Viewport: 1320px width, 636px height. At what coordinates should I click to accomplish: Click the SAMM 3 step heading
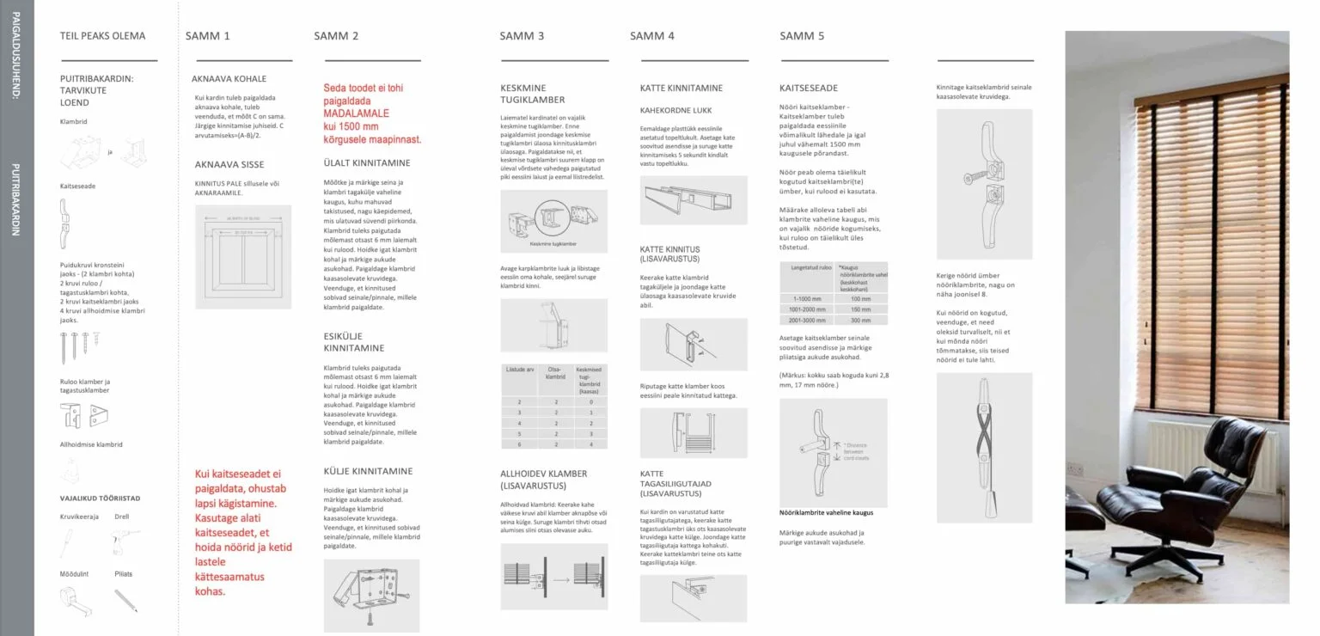(522, 36)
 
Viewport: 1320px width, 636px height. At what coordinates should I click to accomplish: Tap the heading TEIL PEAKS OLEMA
(102, 36)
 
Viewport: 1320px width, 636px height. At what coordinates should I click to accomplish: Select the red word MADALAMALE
(356, 113)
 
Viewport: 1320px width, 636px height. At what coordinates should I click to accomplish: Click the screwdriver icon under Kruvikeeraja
(66, 541)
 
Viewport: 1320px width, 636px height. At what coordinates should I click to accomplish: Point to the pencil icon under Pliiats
(125, 599)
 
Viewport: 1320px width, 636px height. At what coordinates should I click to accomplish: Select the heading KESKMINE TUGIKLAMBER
(533, 94)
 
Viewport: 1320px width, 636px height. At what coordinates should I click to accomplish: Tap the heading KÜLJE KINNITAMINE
(368, 471)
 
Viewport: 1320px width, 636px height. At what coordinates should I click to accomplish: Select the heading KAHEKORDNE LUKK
(675, 111)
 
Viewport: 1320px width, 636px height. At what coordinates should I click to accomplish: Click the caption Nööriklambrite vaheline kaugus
(826, 512)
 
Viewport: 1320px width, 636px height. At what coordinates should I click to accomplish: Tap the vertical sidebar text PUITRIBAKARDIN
(16, 199)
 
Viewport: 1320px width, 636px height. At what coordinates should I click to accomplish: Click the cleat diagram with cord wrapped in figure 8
(984, 447)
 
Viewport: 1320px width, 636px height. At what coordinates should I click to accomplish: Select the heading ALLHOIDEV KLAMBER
(543, 480)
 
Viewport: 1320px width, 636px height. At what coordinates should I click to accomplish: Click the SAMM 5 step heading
(802, 36)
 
